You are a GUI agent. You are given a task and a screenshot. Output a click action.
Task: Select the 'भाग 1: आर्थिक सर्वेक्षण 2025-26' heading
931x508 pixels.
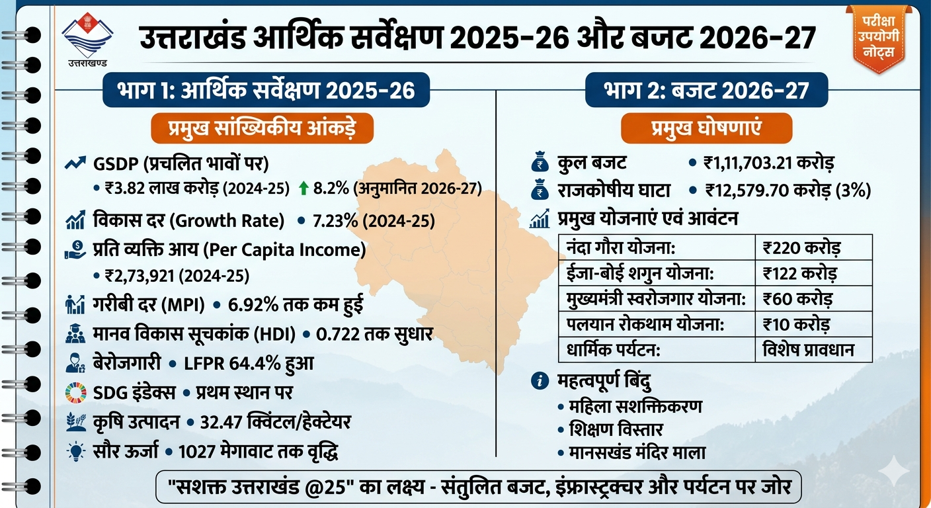coord(266,89)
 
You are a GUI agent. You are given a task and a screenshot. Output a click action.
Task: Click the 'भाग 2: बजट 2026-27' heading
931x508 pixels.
coord(706,89)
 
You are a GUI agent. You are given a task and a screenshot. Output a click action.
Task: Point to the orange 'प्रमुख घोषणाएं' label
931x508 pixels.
coord(706,128)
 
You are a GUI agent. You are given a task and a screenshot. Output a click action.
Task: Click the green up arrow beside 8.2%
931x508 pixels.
coord(304,189)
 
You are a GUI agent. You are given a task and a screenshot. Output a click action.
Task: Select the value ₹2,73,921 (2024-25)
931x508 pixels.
coord(177,275)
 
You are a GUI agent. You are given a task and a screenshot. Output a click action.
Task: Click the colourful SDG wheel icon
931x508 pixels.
coord(76,392)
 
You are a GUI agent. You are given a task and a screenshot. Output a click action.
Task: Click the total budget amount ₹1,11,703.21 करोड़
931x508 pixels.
coord(770,163)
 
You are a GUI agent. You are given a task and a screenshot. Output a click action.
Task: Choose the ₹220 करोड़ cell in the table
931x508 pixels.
coord(801,249)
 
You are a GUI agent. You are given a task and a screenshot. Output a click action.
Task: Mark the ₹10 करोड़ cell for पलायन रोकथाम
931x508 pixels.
coord(796,324)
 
